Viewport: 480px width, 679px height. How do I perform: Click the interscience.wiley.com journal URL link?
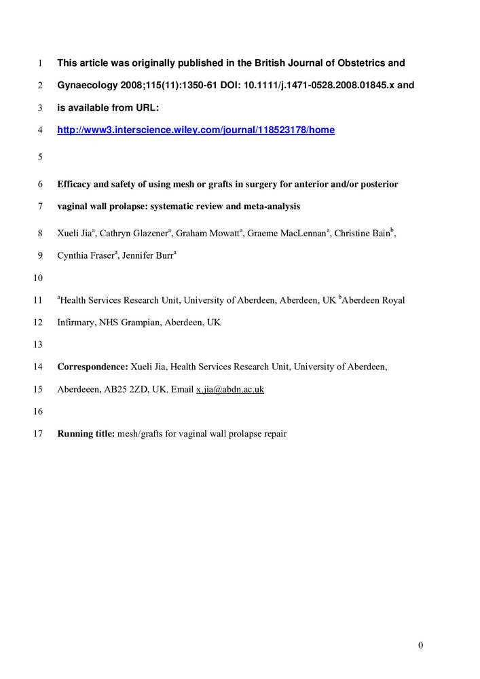pos(196,130)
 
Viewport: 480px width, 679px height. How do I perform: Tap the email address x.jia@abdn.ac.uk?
pos(230,390)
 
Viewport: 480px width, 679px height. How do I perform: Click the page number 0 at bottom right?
pos(420,645)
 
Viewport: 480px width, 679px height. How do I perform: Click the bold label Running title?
pos(86,434)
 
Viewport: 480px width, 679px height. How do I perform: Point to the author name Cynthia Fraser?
pos(85,256)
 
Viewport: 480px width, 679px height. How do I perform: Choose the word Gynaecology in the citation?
pos(88,86)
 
